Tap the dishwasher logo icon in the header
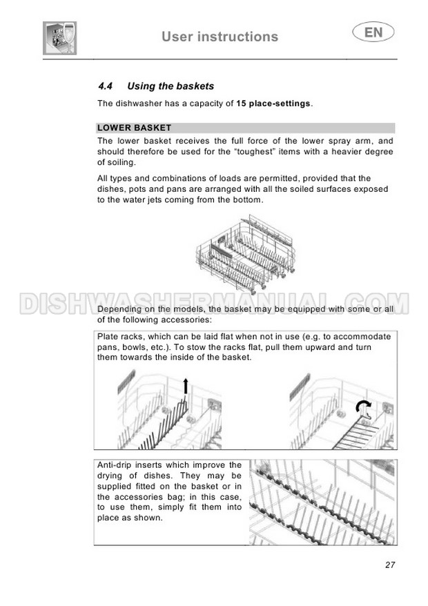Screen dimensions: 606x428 click(59, 37)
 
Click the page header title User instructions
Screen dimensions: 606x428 click(220, 37)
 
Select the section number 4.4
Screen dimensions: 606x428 click(105, 86)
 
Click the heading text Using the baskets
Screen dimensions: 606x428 click(171, 86)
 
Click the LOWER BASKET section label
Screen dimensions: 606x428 click(134, 128)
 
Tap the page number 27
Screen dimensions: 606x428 click(390, 565)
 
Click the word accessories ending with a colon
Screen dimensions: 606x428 click(186, 320)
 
